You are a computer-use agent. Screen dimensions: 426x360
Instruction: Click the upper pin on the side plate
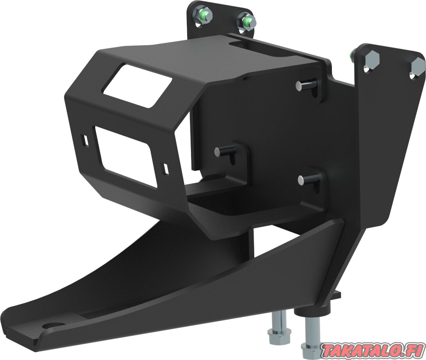[x=305, y=84]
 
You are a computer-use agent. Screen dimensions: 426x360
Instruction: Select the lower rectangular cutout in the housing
[x=126, y=157]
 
